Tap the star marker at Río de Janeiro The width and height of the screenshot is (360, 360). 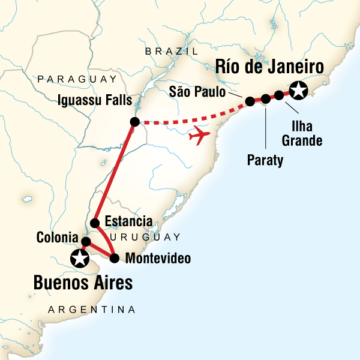(x=298, y=91)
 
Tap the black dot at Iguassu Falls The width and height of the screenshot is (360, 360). (x=134, y=122)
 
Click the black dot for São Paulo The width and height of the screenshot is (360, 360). (x=250, y=102)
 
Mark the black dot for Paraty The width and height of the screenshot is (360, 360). (x=266, y=98)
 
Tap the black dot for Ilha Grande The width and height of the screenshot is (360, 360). (x=279, y=95)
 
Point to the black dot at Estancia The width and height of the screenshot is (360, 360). (x=94, y=224)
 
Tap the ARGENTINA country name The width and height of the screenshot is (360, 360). (x=91, y=310)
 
